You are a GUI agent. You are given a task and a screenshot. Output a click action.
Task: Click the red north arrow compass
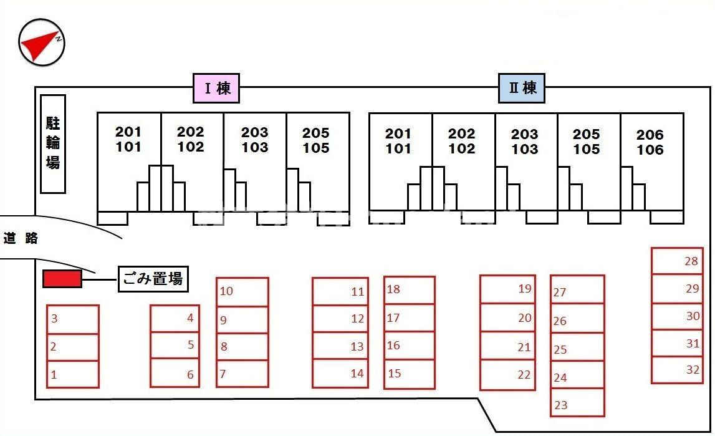click(42, 42)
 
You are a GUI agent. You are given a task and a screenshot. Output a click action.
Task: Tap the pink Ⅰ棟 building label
click(216, 88)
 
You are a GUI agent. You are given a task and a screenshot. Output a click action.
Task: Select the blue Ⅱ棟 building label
click(522, 88)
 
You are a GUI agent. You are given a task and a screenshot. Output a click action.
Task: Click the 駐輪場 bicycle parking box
click(53, 143)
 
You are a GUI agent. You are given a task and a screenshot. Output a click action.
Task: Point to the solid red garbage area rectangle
click(62, 279)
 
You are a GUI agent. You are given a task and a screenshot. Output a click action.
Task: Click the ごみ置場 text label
click(153, 279)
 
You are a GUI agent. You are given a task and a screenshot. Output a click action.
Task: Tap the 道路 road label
click(21, 238)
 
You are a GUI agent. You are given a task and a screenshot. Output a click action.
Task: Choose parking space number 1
click(72, 374)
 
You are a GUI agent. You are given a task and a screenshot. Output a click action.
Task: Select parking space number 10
click(242, 291)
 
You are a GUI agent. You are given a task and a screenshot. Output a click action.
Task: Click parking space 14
click(340, 374)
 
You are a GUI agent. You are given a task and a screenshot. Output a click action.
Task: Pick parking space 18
click(409, 290)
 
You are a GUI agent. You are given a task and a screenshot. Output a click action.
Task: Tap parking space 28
click(677, 261)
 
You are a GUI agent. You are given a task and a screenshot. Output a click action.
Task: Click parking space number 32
click(677, 370)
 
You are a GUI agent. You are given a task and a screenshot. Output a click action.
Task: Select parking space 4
click(175, 318)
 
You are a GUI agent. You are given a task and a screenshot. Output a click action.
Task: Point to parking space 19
click(507, 289)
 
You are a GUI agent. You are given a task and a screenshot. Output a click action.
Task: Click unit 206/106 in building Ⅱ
click(651, 142)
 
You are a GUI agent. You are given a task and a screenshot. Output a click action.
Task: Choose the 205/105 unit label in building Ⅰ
click(316, 140)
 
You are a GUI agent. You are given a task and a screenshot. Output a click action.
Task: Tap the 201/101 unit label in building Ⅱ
click(398, 141)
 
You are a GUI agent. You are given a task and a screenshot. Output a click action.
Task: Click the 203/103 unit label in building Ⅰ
click(255, 140)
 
